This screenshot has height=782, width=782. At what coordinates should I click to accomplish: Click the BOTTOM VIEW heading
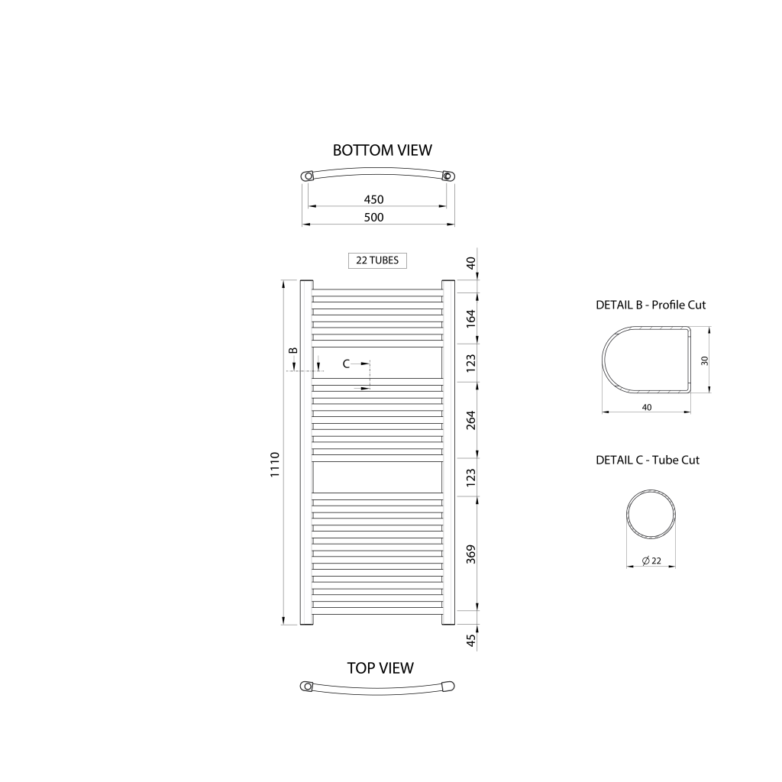382,150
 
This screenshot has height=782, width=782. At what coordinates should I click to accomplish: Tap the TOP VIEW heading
380,667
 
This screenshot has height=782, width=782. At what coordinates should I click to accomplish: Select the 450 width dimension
373,199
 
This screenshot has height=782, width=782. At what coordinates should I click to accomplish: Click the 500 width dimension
373,218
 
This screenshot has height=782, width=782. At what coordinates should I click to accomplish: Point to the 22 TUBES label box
377,260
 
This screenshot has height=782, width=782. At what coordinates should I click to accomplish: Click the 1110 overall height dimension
275,464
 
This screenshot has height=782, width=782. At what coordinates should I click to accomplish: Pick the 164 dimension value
470,318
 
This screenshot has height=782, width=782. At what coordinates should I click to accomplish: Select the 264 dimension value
470,420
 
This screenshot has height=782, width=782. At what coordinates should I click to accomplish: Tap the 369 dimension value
470,554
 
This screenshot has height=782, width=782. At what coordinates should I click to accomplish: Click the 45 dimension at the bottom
470,641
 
